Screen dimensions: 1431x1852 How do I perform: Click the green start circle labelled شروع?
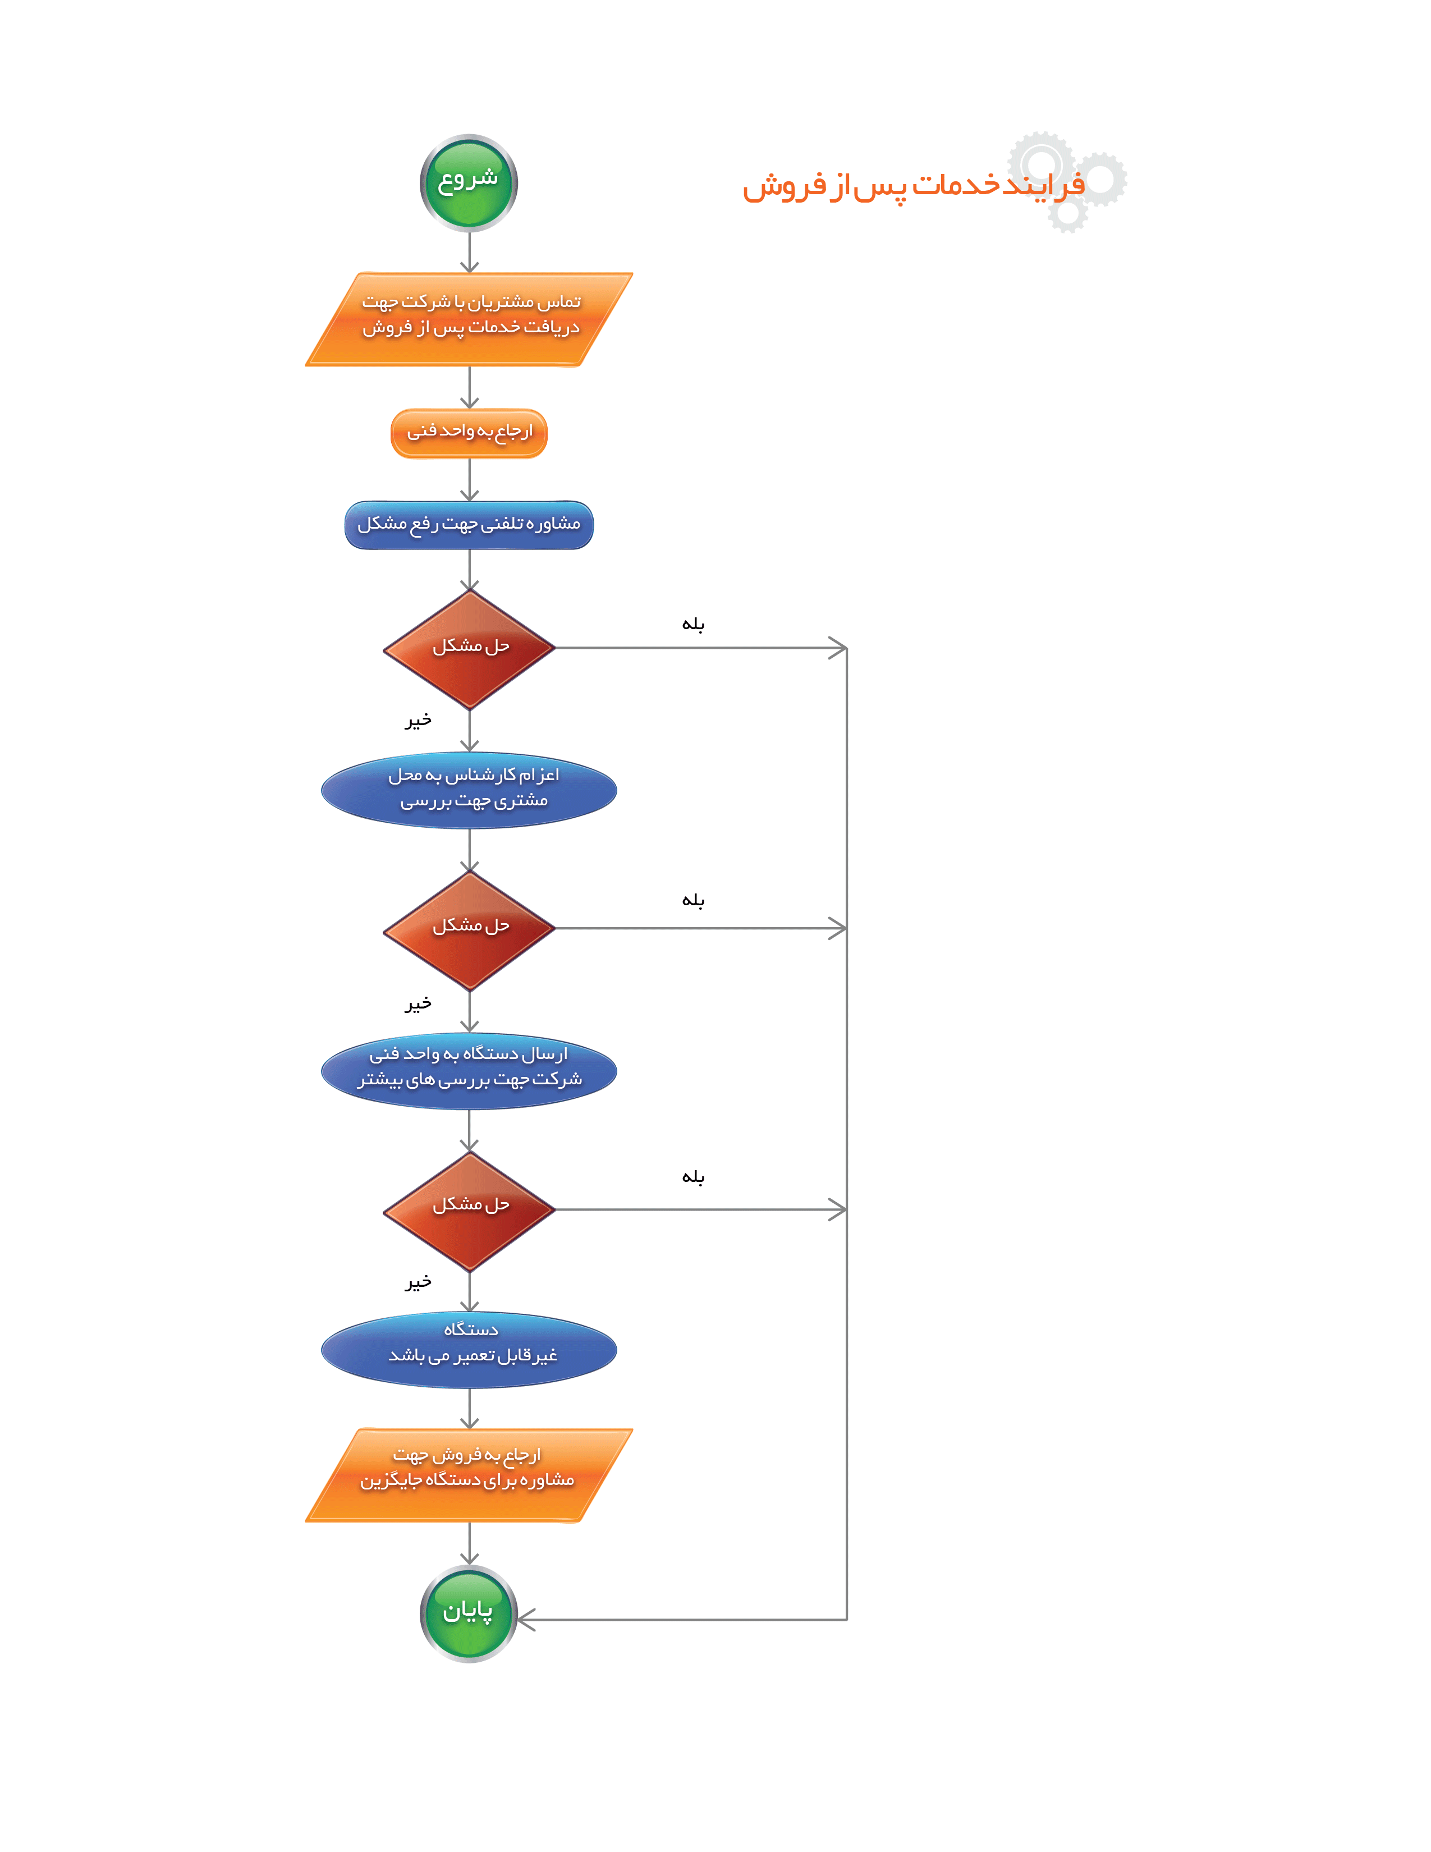coord(469,182)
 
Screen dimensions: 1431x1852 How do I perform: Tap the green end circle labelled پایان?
coord(469,1613)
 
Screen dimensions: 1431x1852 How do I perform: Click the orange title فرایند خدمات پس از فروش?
coord(913,185)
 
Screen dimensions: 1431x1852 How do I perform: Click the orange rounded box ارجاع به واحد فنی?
coord(469,433)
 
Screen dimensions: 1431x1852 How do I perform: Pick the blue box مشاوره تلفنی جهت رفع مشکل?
coord(469,525)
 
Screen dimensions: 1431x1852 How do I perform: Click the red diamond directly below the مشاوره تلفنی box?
coord(469,649)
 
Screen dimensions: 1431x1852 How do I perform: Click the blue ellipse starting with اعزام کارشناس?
coord(469,790)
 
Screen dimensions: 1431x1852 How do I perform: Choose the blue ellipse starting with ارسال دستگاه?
coord(469,1070)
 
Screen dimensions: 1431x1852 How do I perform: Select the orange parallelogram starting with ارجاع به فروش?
coord(469,1475)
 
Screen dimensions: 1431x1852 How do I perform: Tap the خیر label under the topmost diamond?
coord(418,720)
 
